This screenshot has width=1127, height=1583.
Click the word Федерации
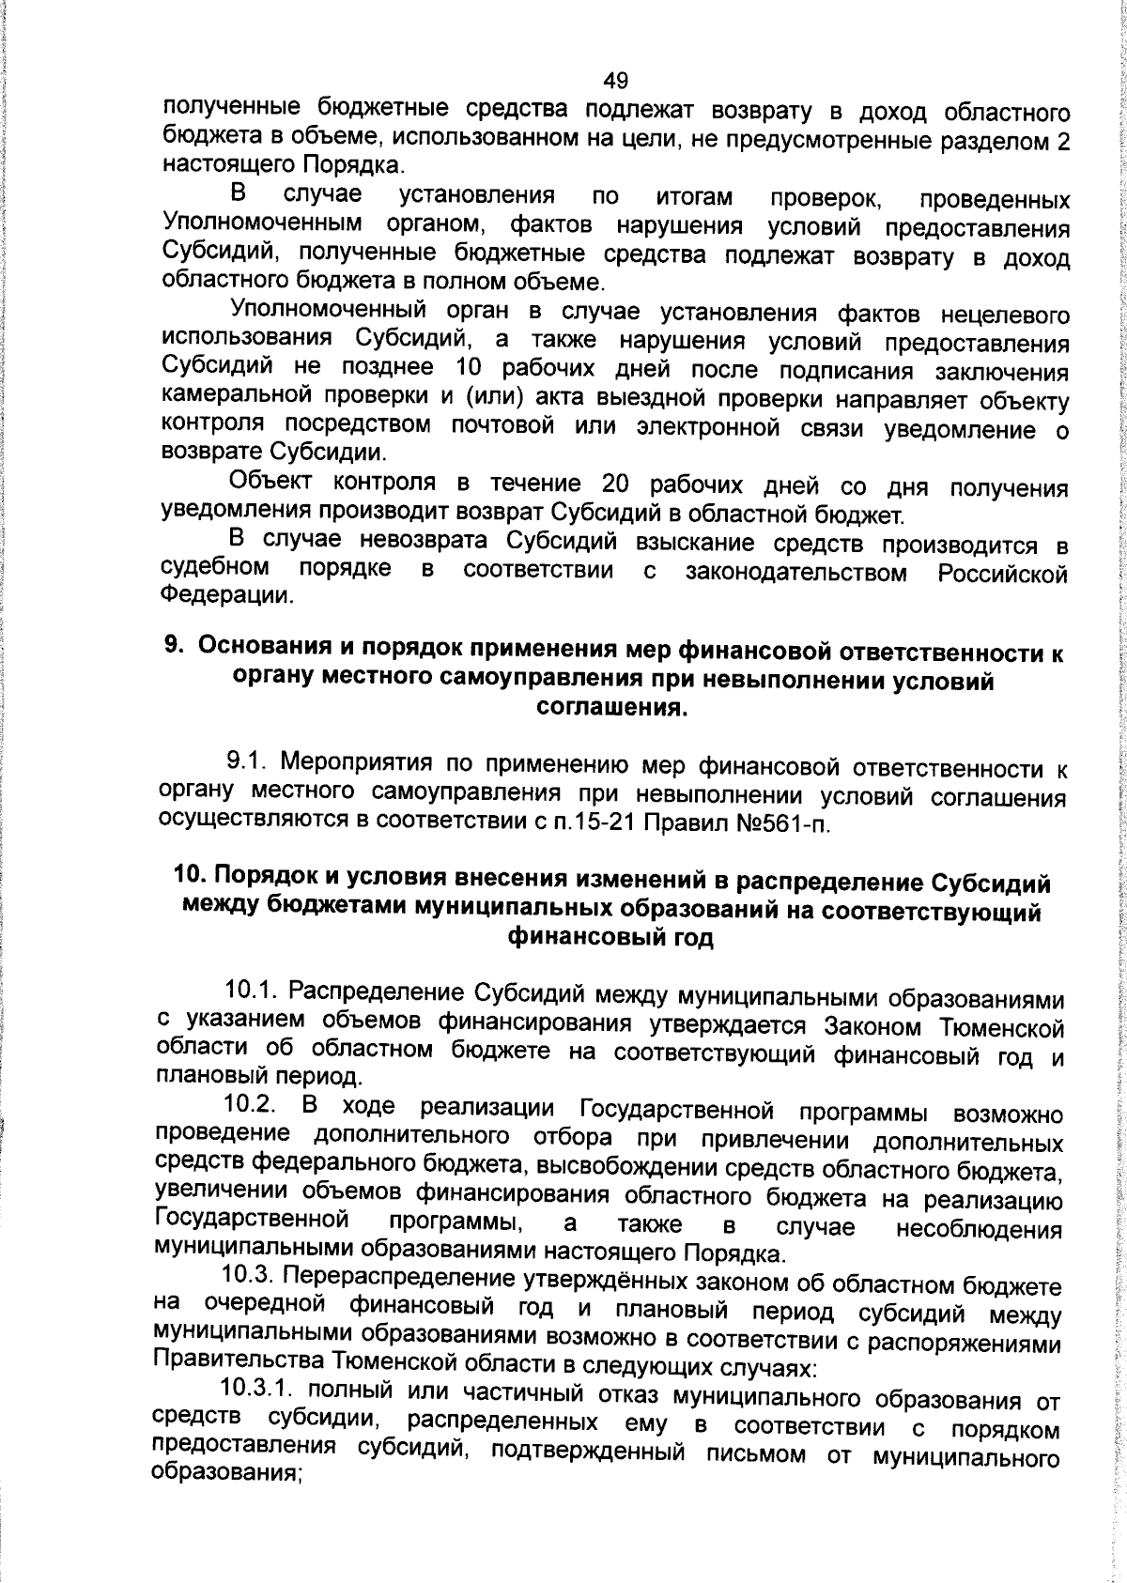pyautogui.click(x=225, y=595)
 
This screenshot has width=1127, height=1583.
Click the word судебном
pyautogui.click(x=216, y=568)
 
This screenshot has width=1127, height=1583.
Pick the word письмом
pyautogui.click(x=761, y=1457)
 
